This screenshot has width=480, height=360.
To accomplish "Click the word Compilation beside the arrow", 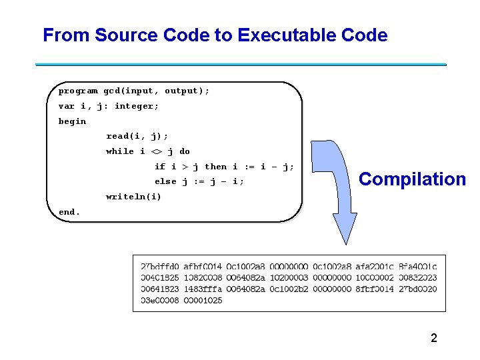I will click(412, 179).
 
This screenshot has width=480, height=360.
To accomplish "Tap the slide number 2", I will click(434, 338).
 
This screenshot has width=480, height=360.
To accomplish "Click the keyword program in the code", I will click(78, 91).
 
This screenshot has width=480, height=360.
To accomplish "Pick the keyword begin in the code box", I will click(72, 121).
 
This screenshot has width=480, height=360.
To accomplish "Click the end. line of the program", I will click(69, 212).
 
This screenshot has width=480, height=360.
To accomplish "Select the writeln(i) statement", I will click(133, 197).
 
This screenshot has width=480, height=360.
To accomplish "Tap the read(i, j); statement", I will click(137, 136).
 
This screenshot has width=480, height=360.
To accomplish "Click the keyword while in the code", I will click(120, 151).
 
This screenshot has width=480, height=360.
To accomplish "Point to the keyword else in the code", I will click(165, 181).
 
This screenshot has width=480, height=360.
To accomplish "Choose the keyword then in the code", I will click(215, 167).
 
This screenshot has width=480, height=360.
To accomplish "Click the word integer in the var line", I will click(137, 106).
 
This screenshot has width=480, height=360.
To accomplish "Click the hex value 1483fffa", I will click(203, 289).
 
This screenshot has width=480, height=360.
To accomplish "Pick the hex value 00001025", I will click(203, 301).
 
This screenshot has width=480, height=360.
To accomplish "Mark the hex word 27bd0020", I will click(418, 289).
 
